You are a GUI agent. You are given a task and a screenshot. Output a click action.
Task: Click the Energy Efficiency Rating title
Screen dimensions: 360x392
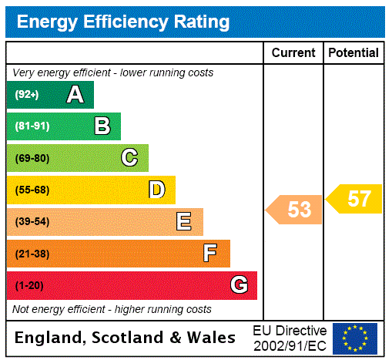pyautogui.click(x=123, y=22)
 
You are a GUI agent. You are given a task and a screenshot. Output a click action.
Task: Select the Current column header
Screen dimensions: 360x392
pyautogui.click(x=293, y=53)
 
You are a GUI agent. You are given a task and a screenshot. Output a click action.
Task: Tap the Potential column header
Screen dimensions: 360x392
pyautogui.click(x=353, y=53)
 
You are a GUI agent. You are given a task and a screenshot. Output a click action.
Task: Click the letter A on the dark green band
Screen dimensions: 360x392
pyautogui.click(x=75, y=95)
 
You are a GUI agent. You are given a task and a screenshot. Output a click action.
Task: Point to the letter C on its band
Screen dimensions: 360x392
pyautogui.click(x=129, y=158)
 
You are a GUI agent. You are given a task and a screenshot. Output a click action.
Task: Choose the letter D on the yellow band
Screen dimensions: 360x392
pyautogui.click(x=156, y=190)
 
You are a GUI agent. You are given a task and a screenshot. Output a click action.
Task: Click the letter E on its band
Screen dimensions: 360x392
pyautogui.click(x=184, y=222)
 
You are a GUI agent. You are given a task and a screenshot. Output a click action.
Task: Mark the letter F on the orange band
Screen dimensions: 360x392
pyautogui.click(x=209, y=254)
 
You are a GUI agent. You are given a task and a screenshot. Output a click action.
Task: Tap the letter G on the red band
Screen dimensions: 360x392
pyautogui.click(x=240, y=285)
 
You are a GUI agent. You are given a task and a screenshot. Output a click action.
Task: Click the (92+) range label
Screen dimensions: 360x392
pyautogui.click(x=27, y=96)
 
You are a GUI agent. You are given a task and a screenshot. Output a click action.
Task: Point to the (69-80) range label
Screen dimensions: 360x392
pyautogui.click(x=32, y=159)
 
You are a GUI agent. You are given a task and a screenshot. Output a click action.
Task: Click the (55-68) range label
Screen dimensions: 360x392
pyautogui.click(x=32, y=190)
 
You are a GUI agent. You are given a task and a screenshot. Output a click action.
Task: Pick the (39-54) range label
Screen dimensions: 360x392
pyautogui.click(x=32, y=222)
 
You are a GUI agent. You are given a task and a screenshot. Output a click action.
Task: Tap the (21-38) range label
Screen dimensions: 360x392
pyautogui.click(x=32, y=254)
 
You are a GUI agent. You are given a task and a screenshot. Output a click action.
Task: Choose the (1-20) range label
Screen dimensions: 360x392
pyautogui.click(x=29, y=286)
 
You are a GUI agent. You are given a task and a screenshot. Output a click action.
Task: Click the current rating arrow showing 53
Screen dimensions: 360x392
pyautogui.click(x=295, y=210)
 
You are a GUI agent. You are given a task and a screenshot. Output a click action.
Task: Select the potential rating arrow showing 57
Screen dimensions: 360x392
pyautogui.click(x=355, y=199)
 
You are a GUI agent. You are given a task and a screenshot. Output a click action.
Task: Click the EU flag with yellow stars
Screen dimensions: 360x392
pyautogui.click(x=355, y=338)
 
